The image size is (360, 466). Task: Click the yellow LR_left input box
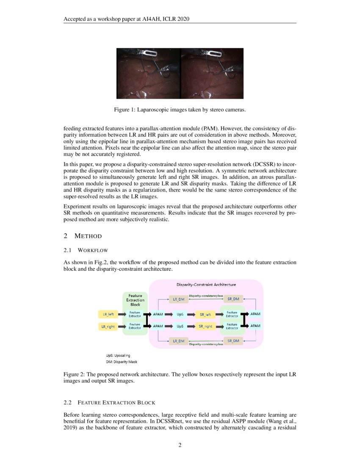coord(108,314)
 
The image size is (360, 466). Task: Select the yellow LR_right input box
coord(108,327)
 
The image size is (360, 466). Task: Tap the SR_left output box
coord(205,314)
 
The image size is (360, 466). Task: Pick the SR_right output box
coord(205,327)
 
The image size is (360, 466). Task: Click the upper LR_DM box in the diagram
coord(178,299)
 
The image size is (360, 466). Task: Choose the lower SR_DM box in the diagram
coord(233,341)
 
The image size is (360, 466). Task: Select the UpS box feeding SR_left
coord(180,314)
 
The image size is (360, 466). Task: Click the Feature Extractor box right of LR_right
coord(135,326)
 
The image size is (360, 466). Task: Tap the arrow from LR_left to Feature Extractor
coord(123,314)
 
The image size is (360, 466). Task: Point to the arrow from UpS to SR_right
coord(191,327)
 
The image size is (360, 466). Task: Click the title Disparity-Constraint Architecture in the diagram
coord(206,284)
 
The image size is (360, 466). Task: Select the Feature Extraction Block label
coord(135,300)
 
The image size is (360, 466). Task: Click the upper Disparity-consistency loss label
coord(206,295)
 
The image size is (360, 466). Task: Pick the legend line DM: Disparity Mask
coord(122,362)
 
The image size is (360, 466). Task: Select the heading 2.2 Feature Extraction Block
coord(109,402)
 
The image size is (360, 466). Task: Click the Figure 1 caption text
coord(180,110)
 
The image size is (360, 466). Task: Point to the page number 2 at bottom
coord(180,445)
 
